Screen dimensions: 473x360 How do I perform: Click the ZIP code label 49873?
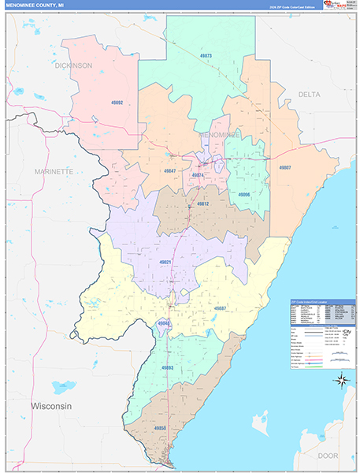pos(206,56)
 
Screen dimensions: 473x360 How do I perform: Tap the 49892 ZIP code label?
pos(117,102)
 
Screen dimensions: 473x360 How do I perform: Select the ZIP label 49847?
pos(169,170)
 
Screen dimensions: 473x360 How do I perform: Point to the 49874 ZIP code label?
pos(198,175)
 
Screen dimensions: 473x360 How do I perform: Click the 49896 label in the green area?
pos(243,194)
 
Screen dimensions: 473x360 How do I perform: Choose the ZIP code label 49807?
pos(284,168)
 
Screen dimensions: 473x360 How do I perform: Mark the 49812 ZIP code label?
pos(202,204)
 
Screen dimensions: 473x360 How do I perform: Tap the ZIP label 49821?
pos(165,261)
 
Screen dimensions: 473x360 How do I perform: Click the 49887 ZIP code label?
pos(220,308)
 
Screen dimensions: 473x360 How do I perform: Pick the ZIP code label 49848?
pos(162,323)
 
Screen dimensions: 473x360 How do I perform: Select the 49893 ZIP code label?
pos(167,368)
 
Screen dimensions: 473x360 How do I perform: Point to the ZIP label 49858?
pos(160,428)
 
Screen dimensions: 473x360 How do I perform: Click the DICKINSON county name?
pos(73,65)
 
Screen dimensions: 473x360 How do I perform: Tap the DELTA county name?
pos(309,94)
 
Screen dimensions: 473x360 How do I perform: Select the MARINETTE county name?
pos(54,171)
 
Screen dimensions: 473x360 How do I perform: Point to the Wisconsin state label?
pos(51,405)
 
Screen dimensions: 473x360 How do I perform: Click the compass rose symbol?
pos(342,381)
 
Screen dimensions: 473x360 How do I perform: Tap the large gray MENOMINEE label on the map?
pos(220,136)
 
